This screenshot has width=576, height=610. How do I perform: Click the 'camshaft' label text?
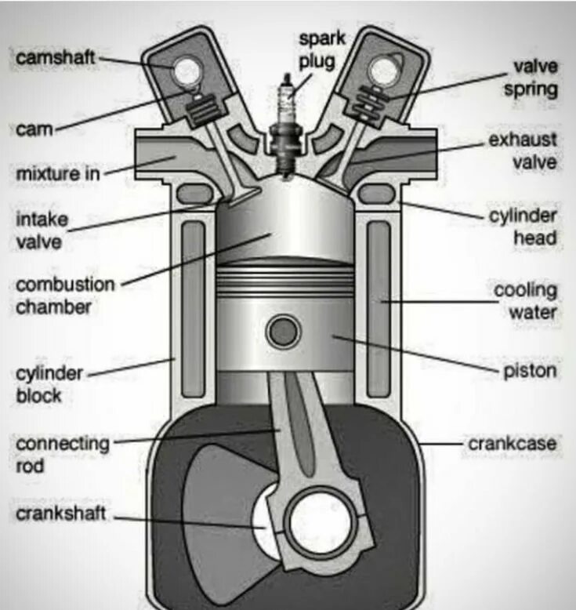click(x=56, y=57)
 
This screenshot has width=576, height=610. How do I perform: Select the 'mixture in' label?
click(x=58, y=172)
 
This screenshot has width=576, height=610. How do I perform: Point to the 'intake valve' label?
click(x=42, y=231)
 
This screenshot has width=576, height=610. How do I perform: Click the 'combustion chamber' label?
click(x=64, y=296)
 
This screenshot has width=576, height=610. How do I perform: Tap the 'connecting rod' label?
click(x=63, y=455)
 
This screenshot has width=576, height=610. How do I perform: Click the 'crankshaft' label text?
click(x=60, y=514)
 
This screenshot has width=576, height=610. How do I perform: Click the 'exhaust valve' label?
click(x=523, y=151)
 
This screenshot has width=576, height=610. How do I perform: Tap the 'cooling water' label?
click(x=524, y=301)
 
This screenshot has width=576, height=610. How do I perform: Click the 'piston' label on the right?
click(x=529, y=370)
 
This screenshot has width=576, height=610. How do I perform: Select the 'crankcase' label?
click(x=513, y=444)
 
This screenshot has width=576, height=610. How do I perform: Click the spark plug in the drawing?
click(x=284, y=125)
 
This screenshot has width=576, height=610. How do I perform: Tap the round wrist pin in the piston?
click(x=284, y=332)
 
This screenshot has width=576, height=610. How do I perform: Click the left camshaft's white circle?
click(x=187, y=72)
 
